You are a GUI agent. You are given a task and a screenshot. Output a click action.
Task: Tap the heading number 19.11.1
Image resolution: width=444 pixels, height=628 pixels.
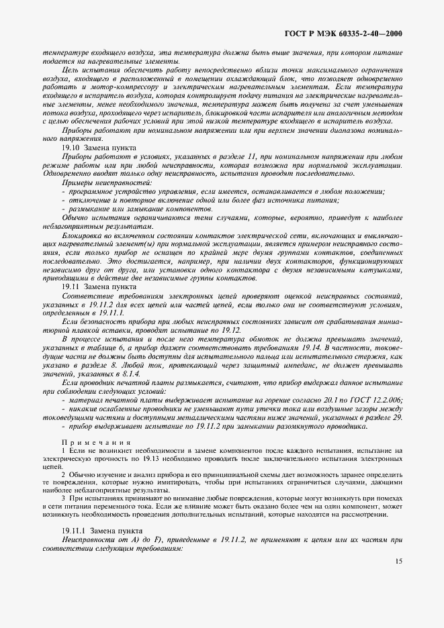[x=75, y=530]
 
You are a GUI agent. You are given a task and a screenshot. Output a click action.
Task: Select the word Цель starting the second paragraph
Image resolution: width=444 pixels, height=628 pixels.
[x=70, y=70]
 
